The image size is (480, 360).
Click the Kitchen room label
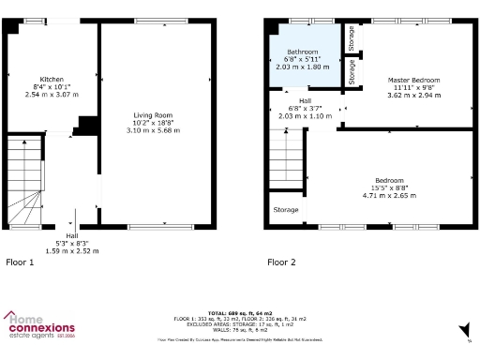coord(52,80)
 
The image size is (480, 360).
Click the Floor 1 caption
coord(20,262)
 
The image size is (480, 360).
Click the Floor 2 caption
coord(281,262)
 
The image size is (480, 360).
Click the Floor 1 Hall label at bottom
coord(72,236)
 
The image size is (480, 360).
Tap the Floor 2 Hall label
coord(305,100)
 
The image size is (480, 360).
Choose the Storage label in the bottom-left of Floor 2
coord(286,210)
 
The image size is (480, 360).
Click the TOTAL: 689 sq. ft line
coord(239,313)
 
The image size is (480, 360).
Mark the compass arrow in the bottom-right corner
coord(464,329)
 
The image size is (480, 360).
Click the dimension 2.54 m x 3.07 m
coord(52,96)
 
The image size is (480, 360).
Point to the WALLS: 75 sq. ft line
coord(239,328)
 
